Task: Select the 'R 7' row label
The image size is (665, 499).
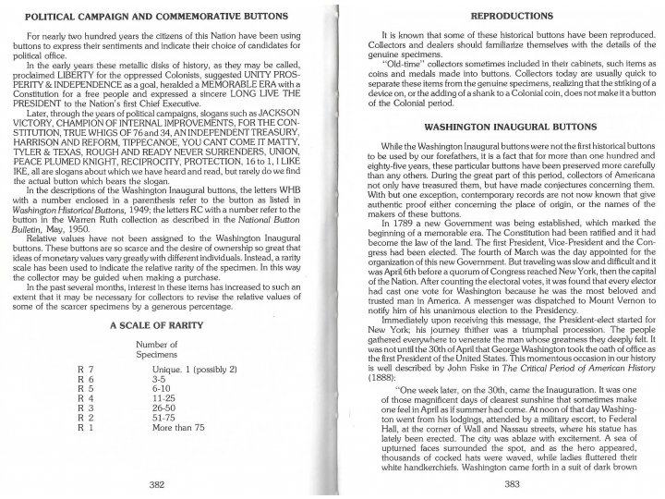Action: pos(86,370)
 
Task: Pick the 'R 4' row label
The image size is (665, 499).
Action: pos(86,398)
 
